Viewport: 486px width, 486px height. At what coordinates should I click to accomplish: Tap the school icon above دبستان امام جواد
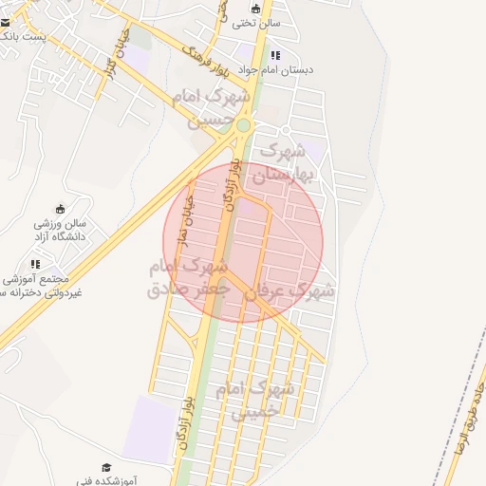(x=275, y=55)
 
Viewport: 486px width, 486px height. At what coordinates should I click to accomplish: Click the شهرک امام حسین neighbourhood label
(x=212, y=107)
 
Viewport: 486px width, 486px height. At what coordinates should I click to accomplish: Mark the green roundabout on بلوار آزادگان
(x=244, y=124)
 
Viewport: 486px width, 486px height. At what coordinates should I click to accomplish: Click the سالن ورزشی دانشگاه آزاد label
(x=60, y=228)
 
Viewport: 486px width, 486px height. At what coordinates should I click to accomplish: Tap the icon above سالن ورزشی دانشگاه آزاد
(x=61, y=209)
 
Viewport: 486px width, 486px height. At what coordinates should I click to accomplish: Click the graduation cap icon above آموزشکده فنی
(x=106, y=468)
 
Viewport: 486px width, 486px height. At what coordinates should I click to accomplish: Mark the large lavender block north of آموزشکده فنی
(x=147, y=427)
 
